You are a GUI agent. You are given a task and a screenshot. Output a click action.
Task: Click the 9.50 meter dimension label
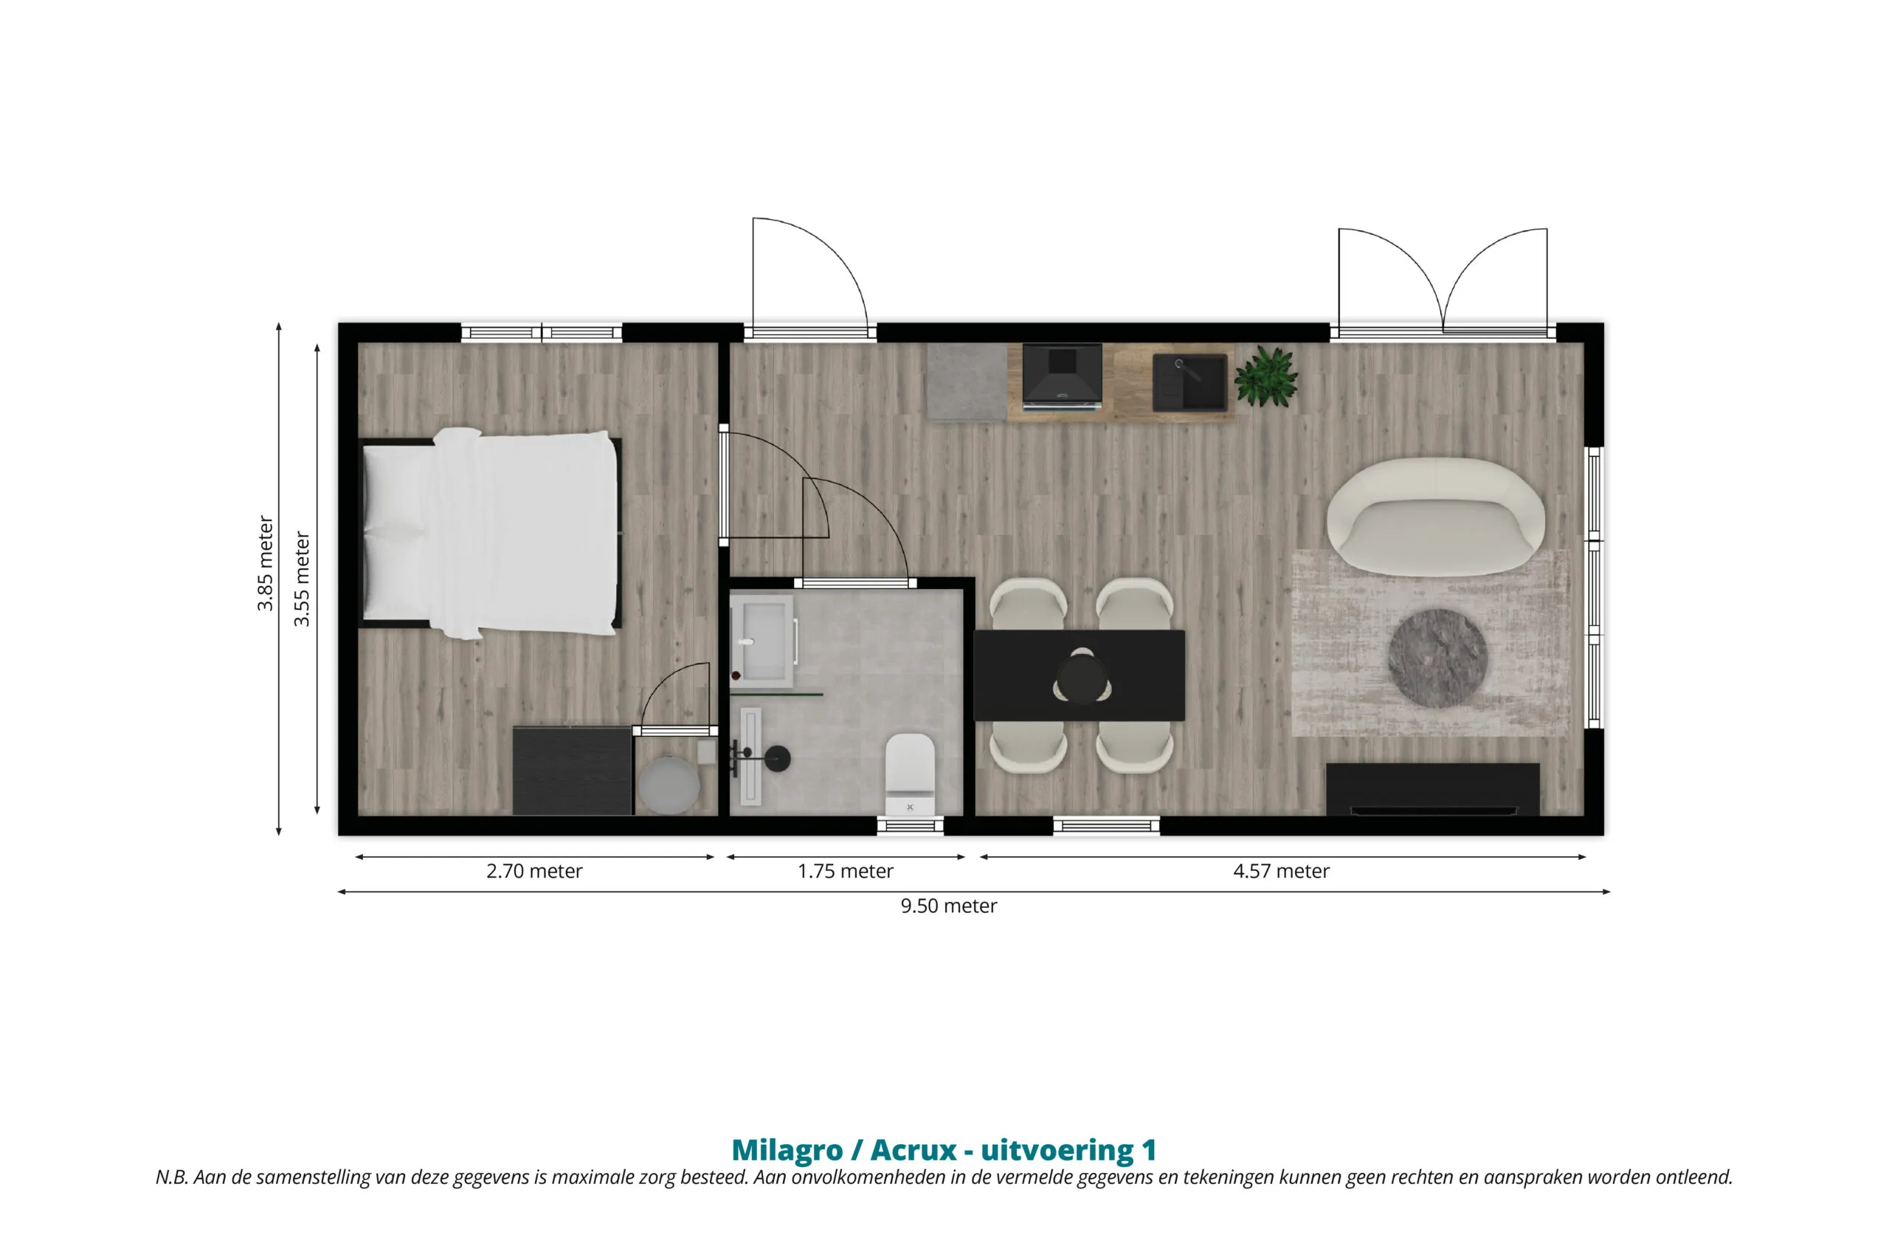947,906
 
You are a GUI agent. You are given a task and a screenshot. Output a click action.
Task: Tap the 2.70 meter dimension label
534,871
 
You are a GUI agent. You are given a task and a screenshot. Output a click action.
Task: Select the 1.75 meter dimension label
845,871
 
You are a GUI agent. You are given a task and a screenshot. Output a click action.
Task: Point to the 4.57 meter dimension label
1281,871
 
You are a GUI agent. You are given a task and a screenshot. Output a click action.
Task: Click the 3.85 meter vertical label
266,563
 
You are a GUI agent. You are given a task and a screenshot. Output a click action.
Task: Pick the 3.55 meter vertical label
301,579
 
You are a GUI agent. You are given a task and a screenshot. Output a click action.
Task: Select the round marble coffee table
1437,658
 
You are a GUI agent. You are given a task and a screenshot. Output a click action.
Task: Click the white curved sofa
1435,516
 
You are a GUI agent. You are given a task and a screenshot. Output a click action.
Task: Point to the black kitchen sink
1189,382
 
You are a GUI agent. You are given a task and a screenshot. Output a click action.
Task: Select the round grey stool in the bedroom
669,785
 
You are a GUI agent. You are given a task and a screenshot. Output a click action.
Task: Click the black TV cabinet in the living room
1433,789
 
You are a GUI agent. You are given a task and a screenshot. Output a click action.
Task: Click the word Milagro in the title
787,1150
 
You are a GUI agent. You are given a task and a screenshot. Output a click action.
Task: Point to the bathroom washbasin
762,641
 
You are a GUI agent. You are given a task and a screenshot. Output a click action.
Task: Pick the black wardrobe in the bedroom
573,771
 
